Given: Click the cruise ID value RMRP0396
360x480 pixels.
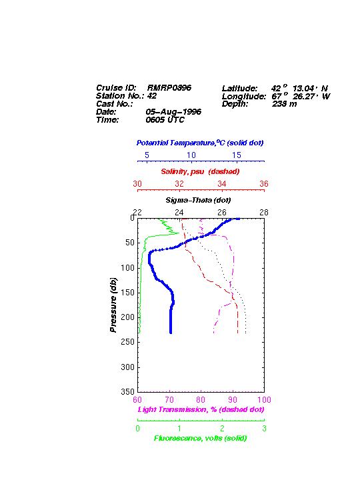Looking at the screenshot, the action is (169, 87).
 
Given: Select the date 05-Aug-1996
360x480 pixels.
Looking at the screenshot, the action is (173, 112).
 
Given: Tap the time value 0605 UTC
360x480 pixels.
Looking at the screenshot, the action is (165, 120).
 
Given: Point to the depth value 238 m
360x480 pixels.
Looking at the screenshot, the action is (285, 104).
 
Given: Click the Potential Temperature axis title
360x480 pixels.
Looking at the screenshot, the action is (200, 143).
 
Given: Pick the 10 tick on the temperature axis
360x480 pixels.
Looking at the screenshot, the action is (191, 155).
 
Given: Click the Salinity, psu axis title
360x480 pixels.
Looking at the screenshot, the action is (200, 171).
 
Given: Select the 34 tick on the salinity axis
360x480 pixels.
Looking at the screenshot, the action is (221, 184).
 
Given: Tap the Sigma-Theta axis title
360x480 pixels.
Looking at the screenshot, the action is (198, 200).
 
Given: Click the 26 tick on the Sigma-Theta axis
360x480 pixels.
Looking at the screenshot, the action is (221, 213).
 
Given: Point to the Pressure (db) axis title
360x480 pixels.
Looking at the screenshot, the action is (113, 305).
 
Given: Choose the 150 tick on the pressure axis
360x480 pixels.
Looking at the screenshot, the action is (128, 293).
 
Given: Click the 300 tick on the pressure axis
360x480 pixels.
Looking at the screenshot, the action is (128, 367).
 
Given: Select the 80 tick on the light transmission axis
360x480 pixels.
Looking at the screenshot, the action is (201, 400).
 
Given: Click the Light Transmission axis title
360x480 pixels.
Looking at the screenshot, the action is (201, 409).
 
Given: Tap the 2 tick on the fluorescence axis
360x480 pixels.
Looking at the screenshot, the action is (222, 429).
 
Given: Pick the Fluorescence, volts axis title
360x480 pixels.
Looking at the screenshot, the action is (200, 439).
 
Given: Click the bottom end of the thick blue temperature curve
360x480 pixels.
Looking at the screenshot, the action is (171, 333).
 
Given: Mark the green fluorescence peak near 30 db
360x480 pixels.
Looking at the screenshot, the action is (179, 233).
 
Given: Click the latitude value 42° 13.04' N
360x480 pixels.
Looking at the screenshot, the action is (299, 88).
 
